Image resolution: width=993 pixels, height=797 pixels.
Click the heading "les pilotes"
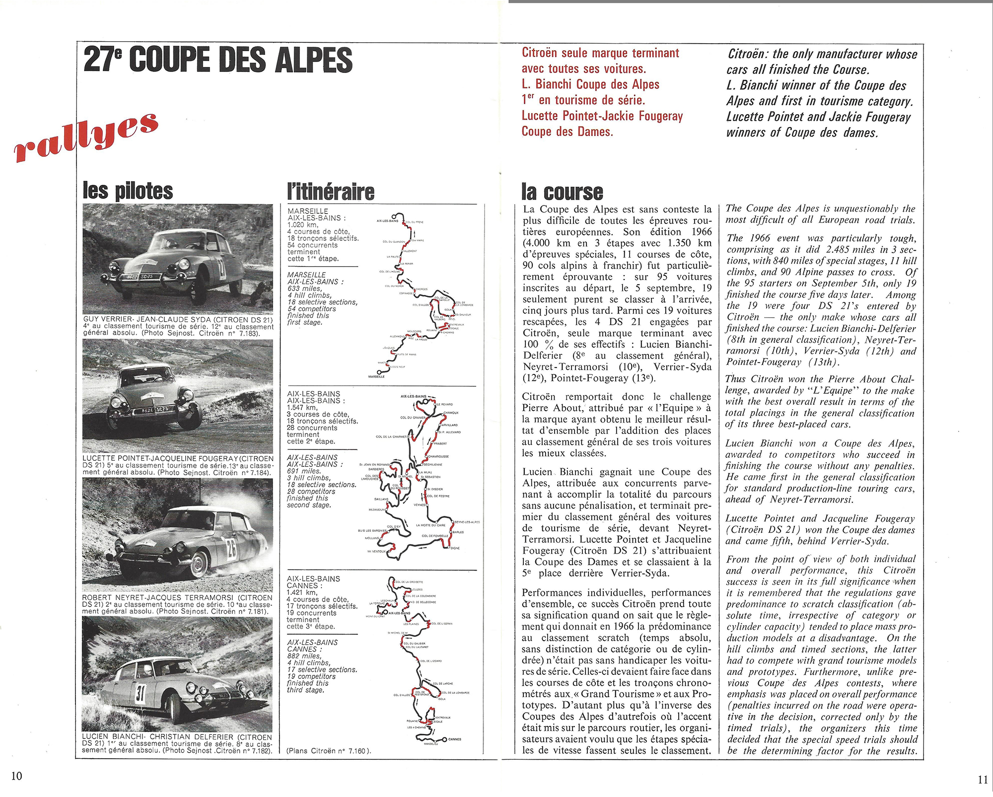click(128, 191)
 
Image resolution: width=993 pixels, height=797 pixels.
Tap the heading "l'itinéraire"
click(331, 192)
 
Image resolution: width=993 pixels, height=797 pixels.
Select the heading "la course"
click(562, 192)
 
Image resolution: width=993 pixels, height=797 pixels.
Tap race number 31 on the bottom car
click(140, 693)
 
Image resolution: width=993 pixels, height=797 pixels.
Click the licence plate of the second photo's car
click(155, 410)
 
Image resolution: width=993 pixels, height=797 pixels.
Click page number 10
click(16, 776)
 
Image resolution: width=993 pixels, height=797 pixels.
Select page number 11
click(983, 780)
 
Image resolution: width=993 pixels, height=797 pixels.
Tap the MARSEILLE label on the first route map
click(376, 377)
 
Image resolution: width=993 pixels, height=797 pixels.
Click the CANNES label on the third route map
click(455, 739)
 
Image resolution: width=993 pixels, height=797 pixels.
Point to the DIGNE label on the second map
click(455, 548)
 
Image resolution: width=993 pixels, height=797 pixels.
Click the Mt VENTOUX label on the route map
click(376, 551)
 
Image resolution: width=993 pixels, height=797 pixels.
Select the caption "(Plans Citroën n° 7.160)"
click(329, 751)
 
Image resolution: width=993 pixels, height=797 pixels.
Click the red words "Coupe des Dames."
click(567, 132)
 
